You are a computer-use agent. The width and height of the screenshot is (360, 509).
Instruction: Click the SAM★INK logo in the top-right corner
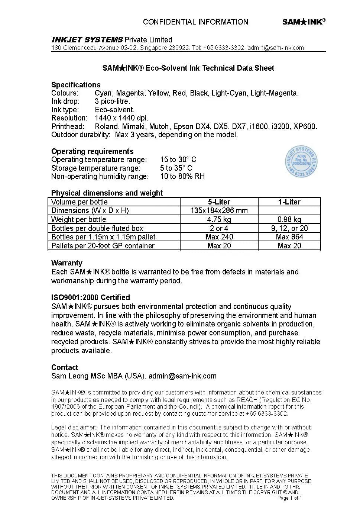pyautogui.click(x=304, y=22)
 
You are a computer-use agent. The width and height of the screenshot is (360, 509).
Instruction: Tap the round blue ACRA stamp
pyautogui.click(x=302, y=162)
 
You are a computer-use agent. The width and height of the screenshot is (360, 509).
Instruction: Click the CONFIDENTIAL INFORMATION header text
pyautogui.click(x=195, y=22)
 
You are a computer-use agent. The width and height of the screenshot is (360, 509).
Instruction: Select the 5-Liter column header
pyautogui.click(x=219, y=202)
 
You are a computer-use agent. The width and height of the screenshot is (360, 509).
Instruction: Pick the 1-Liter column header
pyautogui.click(x=289, y=202)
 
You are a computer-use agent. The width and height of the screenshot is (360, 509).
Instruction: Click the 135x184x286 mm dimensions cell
pyautogui.click(x=219, y=210)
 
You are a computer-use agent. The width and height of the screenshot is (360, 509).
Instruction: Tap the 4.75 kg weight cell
pyautogui.click(x=219, y=219)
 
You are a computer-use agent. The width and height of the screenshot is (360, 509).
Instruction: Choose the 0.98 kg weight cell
pyautogui.click(x=289, y=219)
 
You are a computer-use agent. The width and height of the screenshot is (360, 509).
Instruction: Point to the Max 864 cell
pyautogui.click(x=289, y=237)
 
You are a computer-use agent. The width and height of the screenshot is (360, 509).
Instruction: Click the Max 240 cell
pyautogui.click(x=219, y=237)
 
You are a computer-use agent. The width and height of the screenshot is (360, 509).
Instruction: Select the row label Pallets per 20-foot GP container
pyautogui.click(x=103, y=246)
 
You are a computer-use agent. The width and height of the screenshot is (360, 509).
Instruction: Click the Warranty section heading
pyautogui.click(x=67, y=263)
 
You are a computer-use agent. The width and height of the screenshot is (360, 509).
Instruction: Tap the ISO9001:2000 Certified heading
pyautogui.click(x=91, y=297)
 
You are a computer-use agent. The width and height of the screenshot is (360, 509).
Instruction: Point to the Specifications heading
pyautogui.click(x=76, y=85)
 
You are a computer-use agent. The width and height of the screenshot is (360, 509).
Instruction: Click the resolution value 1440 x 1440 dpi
pyautogui.click(x=121, y=118)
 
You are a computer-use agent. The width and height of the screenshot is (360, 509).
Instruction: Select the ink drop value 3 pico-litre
pyautogui.click(x=112, y=101)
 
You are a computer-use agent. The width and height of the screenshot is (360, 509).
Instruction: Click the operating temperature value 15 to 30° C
pyautogui.click(x=178, y=160)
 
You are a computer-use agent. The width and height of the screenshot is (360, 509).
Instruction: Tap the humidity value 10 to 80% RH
pyautogui.click(x=182, y=176)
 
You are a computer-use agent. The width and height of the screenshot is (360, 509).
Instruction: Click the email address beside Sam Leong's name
pyautogui.click(x=182, y=376)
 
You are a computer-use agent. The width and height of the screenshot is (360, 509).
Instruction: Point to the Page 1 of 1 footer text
pyautogui.click(x=289, y=498)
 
